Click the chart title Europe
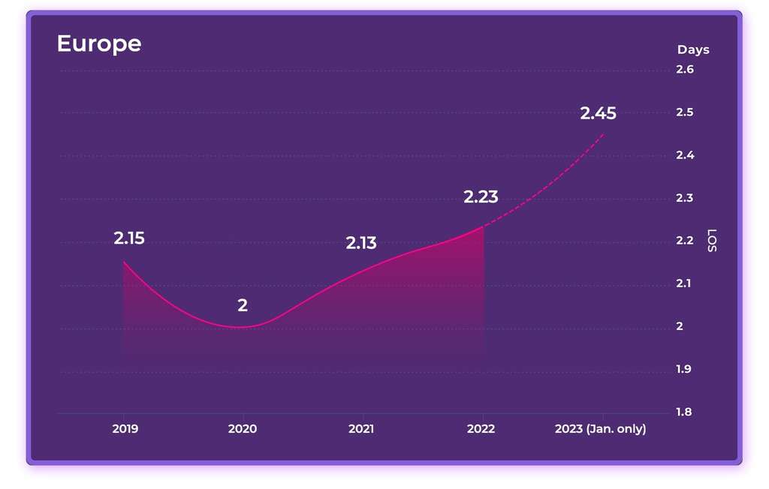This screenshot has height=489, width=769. [98, 43]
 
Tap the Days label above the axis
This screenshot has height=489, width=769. [692, 49]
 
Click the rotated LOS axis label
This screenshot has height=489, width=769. [713, 241]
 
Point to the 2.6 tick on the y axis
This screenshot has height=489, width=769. [684, 70]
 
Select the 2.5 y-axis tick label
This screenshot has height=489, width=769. [684, 112]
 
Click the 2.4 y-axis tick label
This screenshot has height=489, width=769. [684, 155]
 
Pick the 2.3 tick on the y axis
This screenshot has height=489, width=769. [684, 198]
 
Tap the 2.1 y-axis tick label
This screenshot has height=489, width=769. [684, 283]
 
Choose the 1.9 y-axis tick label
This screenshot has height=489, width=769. [684, 369]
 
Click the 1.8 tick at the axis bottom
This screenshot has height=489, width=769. [684, 412]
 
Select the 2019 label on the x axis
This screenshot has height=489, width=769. [125, 429]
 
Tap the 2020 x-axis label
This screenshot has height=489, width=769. [242, 429]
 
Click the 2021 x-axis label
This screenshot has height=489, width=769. [361, 429]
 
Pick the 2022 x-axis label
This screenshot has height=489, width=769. [481, 429]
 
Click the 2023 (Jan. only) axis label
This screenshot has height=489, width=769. [600, 429]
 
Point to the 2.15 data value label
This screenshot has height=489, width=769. [129, 238]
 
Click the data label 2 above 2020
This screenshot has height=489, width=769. [243, 305]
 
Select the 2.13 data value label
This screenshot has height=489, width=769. [361, 243]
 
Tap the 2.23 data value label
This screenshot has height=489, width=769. [481, 197]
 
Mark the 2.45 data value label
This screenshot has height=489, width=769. [598, 113]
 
